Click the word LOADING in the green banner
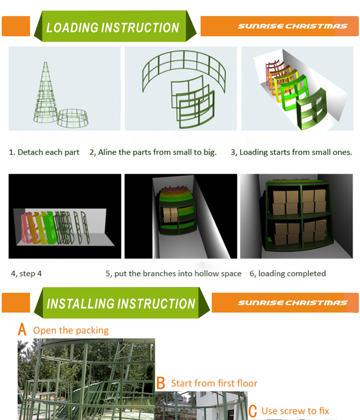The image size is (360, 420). (x=72, y=28)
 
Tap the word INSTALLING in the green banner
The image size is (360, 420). (x=80, y=304)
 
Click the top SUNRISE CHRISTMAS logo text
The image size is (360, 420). (x=292, y=26)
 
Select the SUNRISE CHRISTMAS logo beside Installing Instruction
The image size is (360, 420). (x=292, y=303)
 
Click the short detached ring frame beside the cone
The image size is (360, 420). (x=73, y=118)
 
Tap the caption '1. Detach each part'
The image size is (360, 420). (x=44, y=152)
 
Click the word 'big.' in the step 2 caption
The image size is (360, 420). (x=210, y=152)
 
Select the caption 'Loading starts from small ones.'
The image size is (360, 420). (x=296, y=152)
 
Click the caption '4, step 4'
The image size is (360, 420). (x=26, y=274)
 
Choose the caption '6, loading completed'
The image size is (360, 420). (x=287, y=274)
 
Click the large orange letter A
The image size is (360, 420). (x=22, y=329)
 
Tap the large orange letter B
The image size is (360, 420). (x=161, y=383)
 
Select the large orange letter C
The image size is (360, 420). (x=253, y=411)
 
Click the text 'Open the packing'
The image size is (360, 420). (x=71, y=330)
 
